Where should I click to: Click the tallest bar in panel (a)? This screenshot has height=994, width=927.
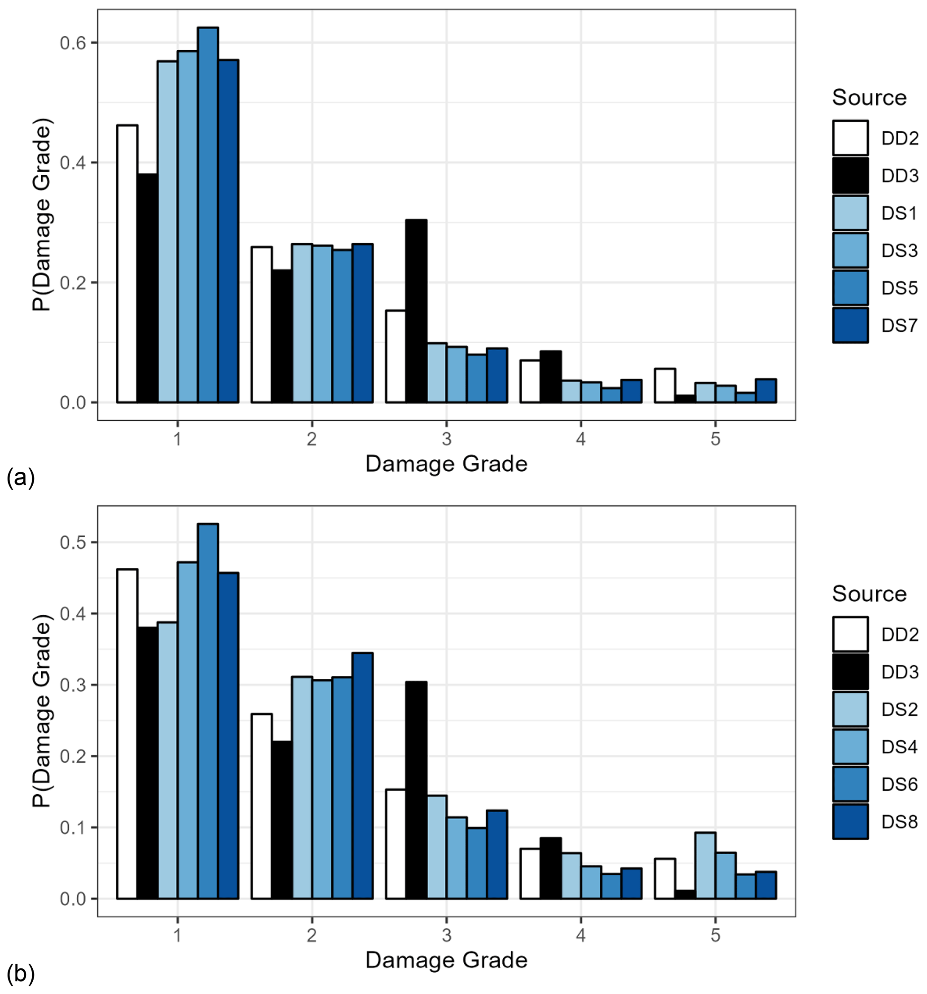(x=208, y=215)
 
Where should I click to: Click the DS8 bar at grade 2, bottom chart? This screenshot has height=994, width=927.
(x=363, y=775)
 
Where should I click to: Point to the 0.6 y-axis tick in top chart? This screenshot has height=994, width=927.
(x=73, y=43)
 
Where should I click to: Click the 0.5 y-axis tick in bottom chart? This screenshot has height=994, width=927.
(x=73, y=543)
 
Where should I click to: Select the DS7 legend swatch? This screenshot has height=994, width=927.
(x=850, y=325)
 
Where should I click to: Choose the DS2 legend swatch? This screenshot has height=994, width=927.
(x=850, y=709)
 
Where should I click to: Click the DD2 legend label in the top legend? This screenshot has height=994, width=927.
(x=900, y=138)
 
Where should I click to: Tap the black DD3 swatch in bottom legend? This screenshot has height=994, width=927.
(x=850, y=671)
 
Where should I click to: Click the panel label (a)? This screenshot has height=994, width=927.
(x=21, y=477)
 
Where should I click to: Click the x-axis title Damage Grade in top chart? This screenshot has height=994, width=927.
(x=446, y=464)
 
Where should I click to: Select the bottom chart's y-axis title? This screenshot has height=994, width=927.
(x=42, y=712)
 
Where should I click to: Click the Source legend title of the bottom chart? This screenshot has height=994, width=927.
(x=869, y=593)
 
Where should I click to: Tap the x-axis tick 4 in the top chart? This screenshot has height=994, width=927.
(x=580, y=439)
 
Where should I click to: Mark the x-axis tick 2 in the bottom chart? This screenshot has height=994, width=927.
(x=312, y=935)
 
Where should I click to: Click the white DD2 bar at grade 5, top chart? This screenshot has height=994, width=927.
(x=665, y=385)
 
